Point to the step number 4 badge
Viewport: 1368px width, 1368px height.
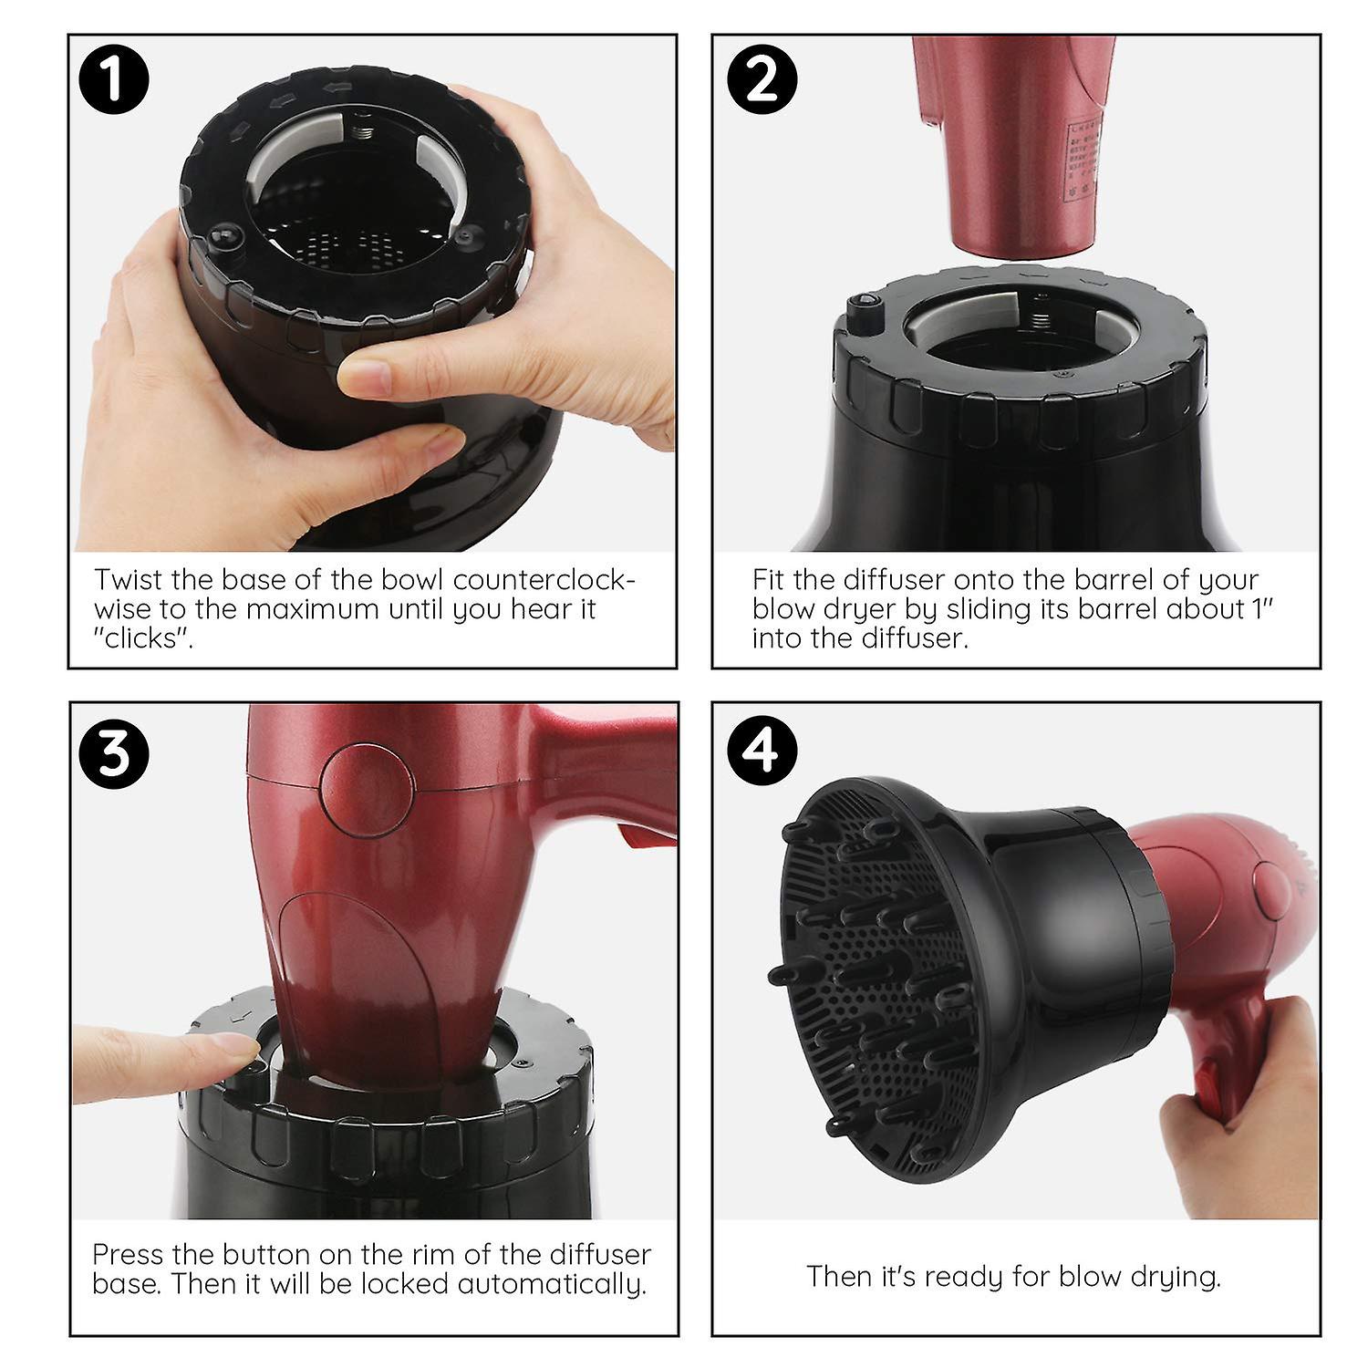point(762,751)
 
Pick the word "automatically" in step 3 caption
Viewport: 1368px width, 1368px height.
point(551,1284)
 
